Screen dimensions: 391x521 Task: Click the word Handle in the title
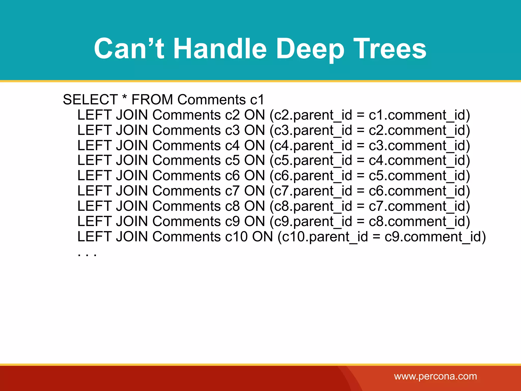click(220, 48)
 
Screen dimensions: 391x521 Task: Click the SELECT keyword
click(90, 100)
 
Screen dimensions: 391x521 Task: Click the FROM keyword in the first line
click(152, 100)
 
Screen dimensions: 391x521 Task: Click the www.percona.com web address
click(435, 376)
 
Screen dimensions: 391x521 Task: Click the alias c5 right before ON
click(232, 160)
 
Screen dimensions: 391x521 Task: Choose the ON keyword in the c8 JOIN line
click(254, 206)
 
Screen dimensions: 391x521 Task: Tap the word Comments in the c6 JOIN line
click(186, 176)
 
